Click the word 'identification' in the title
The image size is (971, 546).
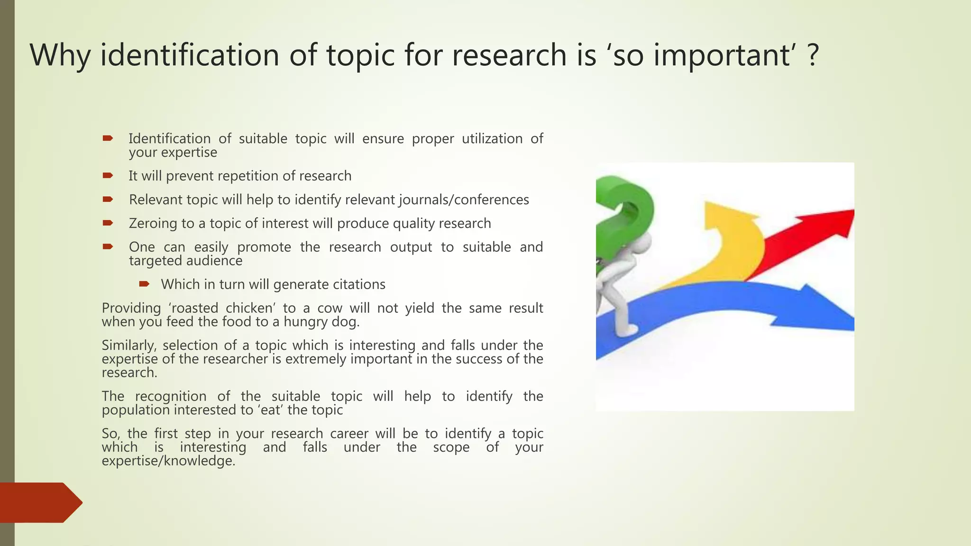pyautogui.click(x=190, y=55)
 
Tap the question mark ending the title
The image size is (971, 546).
pyautogui.click(x=813, y=55)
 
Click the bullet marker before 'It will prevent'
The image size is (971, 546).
pyautogui.click(x=108, y=176)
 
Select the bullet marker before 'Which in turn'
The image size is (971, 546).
pyautogui.click(x=144, y=284)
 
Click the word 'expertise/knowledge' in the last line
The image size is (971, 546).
pyautogui.click(x=168, y=461)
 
